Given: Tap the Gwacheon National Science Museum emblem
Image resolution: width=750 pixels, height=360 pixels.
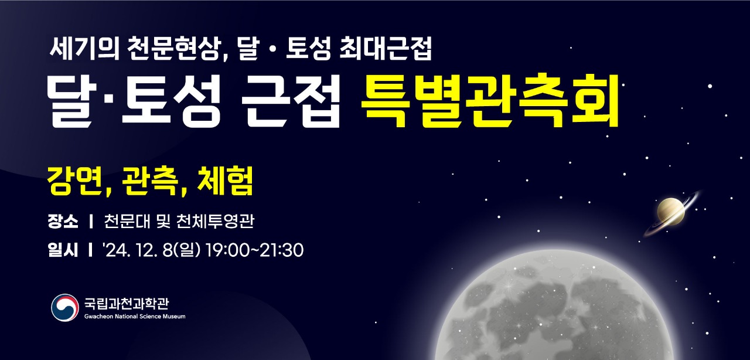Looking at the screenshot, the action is click(65, 308).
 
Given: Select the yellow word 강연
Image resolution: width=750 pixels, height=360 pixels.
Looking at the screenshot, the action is click(74, 181).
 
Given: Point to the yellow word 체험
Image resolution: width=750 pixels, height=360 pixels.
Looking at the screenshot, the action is click(225, 181).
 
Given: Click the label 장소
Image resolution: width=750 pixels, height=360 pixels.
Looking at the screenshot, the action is click(63, 221).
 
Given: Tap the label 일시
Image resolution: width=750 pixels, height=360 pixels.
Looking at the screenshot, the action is click(63, 250).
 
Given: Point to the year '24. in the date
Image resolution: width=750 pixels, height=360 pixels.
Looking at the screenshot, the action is click(117, 250).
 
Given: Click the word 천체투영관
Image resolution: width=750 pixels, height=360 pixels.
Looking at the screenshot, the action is click(215, 221).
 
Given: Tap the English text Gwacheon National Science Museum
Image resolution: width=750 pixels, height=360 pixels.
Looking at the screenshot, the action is click(135, 317).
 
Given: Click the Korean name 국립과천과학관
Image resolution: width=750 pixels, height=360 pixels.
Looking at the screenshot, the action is click(127, 303).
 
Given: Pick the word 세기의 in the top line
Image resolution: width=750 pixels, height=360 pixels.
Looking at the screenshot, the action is click(84, 48).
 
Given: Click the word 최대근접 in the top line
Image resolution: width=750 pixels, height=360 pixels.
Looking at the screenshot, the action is click(386, 48).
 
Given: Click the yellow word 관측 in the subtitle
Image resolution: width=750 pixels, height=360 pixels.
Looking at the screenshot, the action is click(149, 181).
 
